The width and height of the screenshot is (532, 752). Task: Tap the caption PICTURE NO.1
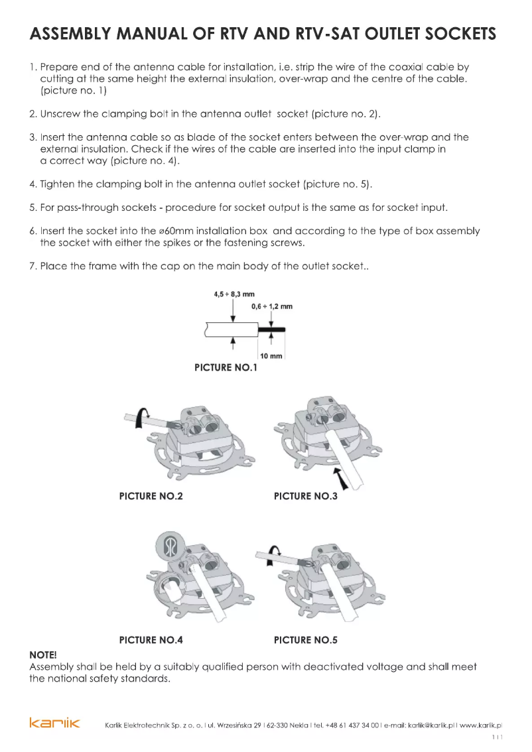pyautogui.click(x=226, y=367)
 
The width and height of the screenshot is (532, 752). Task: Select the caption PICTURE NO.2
pyautogui.click(x=151, y=496)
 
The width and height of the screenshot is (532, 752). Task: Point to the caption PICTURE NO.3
pyautogui.click(x=306, y=496)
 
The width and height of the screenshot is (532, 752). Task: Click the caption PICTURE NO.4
pyautogui.click(x=151, y=640)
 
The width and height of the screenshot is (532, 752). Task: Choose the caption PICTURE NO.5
pyautogui.click(x=306, y=640)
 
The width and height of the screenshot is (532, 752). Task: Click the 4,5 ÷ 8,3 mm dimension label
pyautogui.click(x=234, y=294)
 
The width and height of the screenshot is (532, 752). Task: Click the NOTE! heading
pyautogui.click(x=44, y=655)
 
